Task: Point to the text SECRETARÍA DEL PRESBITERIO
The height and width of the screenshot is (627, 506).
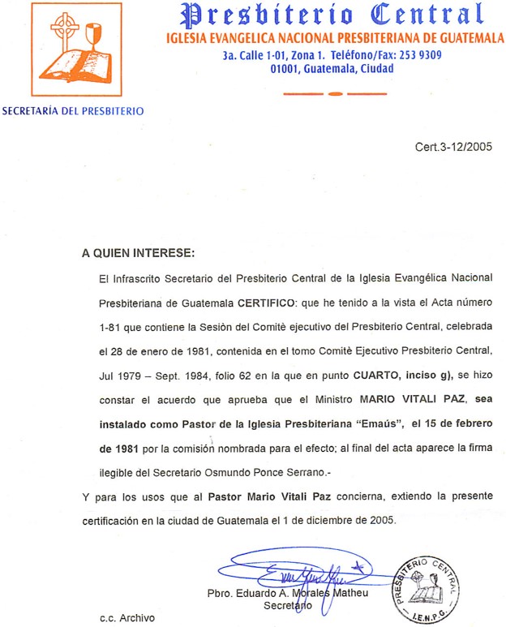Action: [73, 111]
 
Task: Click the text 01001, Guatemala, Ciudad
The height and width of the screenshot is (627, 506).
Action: [332, 69]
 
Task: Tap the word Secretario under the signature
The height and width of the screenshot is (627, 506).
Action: [287, 606]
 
